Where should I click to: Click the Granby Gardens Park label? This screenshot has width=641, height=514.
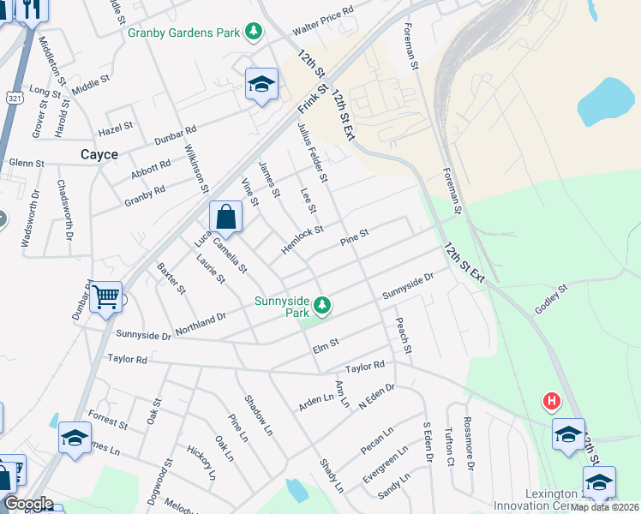(184, 33)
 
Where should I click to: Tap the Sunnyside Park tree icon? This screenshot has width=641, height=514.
(322, 304)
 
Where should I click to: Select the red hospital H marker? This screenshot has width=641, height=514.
(552, 401)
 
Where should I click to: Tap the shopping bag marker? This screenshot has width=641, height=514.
(225, 217)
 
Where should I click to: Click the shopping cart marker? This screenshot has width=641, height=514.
(105, 297)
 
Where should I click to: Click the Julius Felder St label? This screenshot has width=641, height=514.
(312, 152)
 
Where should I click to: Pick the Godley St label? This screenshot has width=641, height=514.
(552, 299)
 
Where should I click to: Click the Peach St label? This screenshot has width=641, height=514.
(403, 337)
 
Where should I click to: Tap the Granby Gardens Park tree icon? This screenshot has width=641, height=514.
(254, 33)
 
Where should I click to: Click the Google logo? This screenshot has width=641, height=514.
(27, 504)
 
